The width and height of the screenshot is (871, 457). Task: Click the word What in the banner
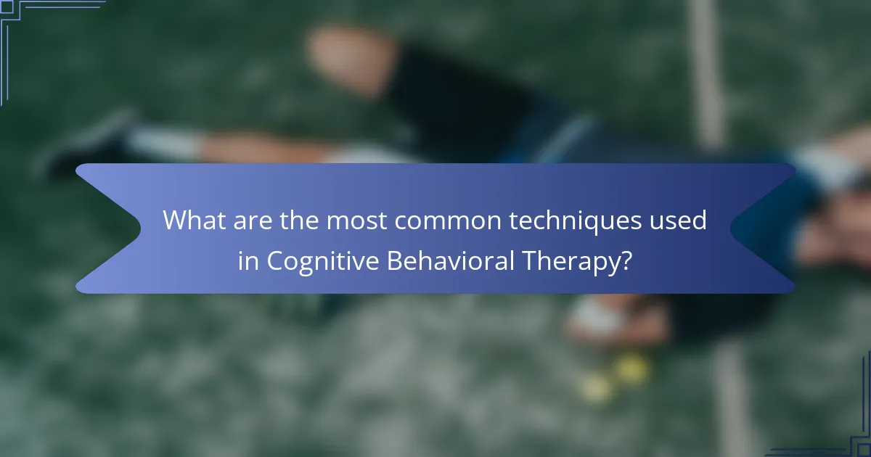tap(193, 220)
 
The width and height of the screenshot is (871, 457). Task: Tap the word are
tap(253, 220)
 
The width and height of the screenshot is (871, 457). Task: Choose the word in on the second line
tap(248, 261)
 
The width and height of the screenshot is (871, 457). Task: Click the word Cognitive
tap(323, 261)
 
